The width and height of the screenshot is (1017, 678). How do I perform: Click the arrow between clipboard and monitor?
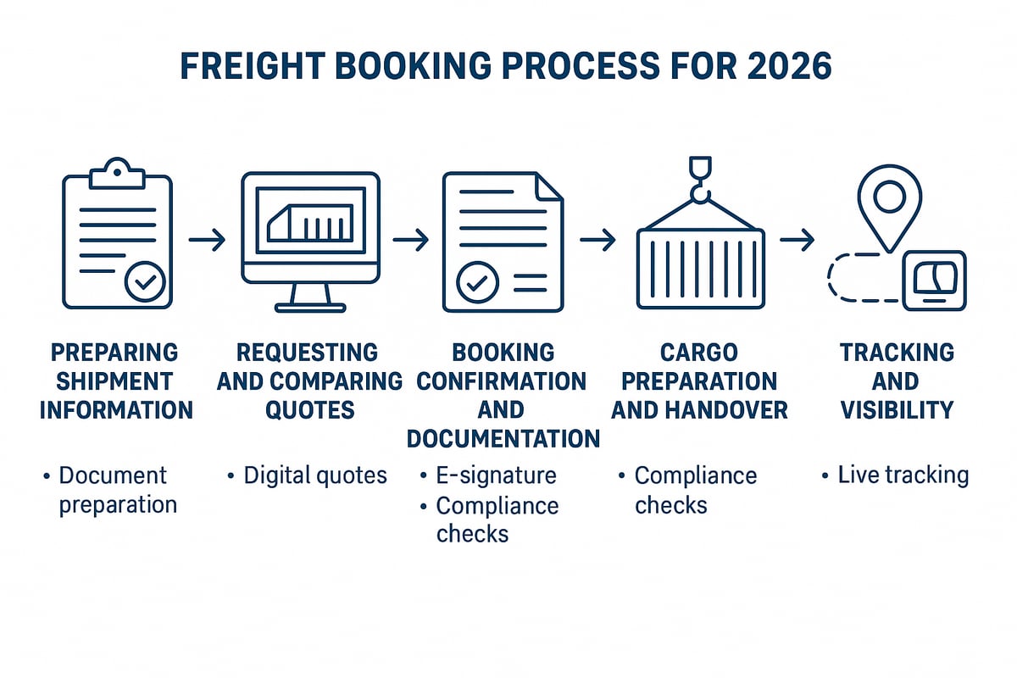[207, 241]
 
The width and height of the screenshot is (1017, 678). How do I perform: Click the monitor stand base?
[309, 307]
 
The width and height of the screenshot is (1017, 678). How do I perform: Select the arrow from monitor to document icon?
[411, 241]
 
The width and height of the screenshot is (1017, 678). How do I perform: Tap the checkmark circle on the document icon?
[477, 282]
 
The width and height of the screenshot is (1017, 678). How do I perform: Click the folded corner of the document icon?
[549, 186]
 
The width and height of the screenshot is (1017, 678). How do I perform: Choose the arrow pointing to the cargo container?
[597, 241]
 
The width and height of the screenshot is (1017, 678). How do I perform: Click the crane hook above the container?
[700, 182]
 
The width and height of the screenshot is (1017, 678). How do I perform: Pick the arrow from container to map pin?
[797, 241]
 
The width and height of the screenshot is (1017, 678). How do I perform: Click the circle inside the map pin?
[889, 197]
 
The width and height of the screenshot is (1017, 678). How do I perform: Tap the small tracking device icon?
[934, 281]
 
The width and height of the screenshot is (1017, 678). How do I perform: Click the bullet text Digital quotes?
[314, 475]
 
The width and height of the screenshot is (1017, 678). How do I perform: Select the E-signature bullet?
[496, 475]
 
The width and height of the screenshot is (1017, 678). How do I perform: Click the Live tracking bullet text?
[903, 475]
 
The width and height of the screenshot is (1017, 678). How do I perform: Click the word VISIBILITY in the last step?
[896, 410]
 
